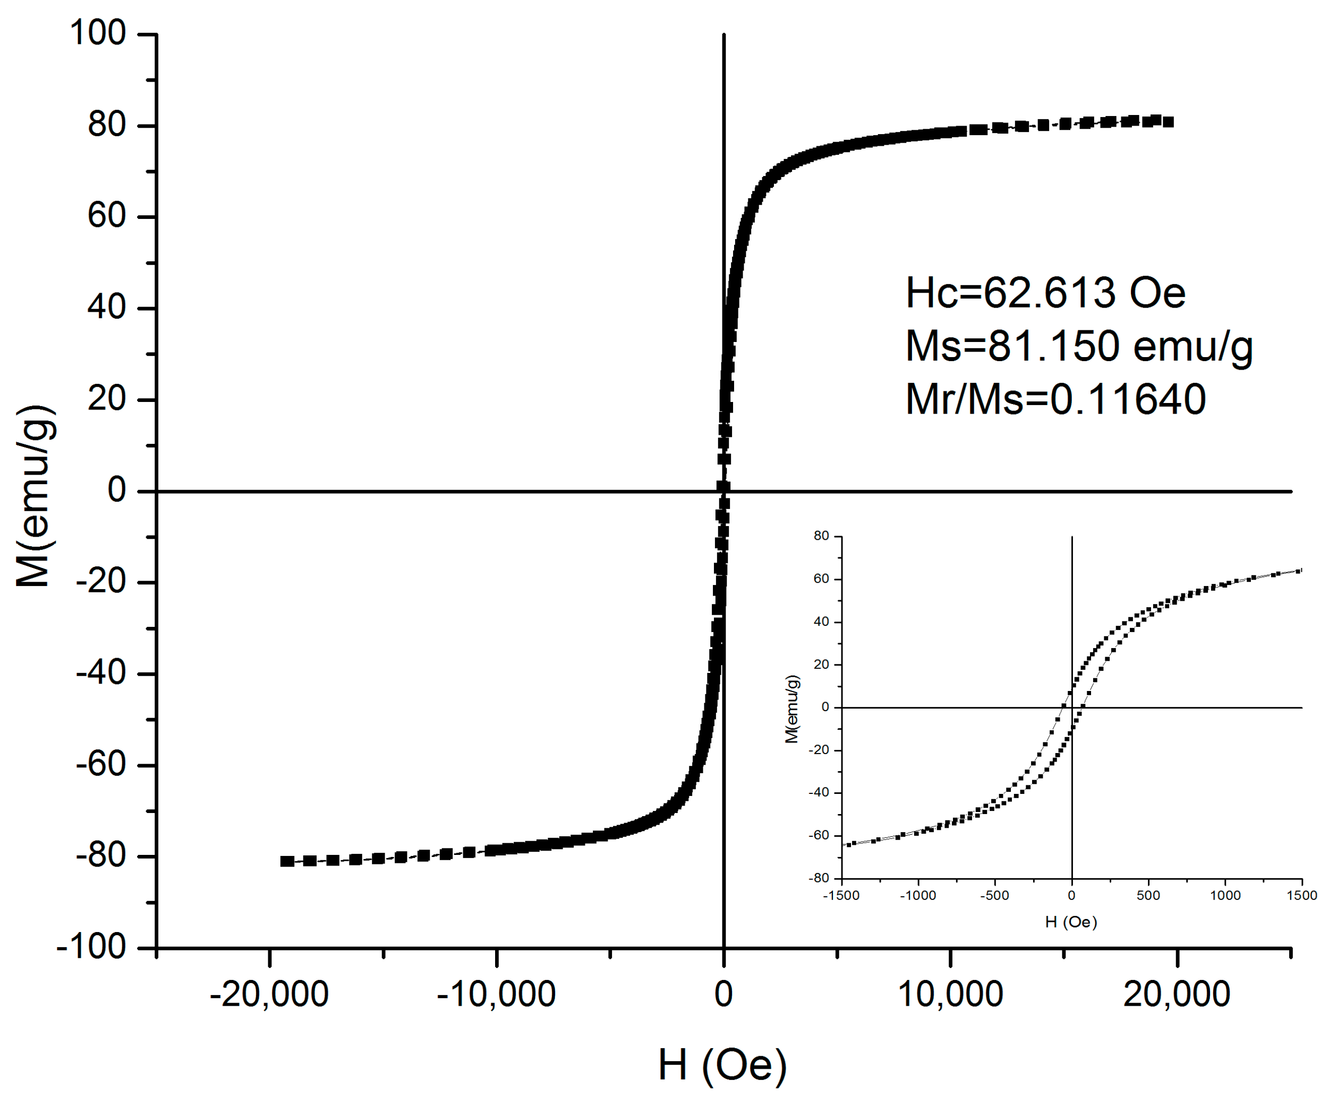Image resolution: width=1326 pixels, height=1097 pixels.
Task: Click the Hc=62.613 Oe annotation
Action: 1045,293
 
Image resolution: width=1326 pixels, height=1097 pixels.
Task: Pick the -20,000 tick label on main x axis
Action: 269,995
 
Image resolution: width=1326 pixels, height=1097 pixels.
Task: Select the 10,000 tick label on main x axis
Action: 950,995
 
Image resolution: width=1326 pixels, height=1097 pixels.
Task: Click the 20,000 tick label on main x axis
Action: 1176,995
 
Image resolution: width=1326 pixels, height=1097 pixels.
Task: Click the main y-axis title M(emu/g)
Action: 35,496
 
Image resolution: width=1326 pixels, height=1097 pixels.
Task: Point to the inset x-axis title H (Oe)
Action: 1071,922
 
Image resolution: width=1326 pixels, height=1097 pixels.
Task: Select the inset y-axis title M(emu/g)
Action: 792,709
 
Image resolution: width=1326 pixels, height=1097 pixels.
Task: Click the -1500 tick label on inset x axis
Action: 841,896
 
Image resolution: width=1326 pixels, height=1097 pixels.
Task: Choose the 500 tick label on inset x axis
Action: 1148,896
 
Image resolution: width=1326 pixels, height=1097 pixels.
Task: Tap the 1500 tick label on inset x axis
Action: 1301,896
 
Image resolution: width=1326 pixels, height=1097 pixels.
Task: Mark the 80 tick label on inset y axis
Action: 821,536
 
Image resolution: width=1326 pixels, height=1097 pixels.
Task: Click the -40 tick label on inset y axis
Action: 818,792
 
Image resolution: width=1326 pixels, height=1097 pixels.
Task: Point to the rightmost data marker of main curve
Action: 1168,122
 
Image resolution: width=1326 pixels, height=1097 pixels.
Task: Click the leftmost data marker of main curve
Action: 287,861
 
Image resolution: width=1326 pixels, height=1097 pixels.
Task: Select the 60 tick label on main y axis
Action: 106,216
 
